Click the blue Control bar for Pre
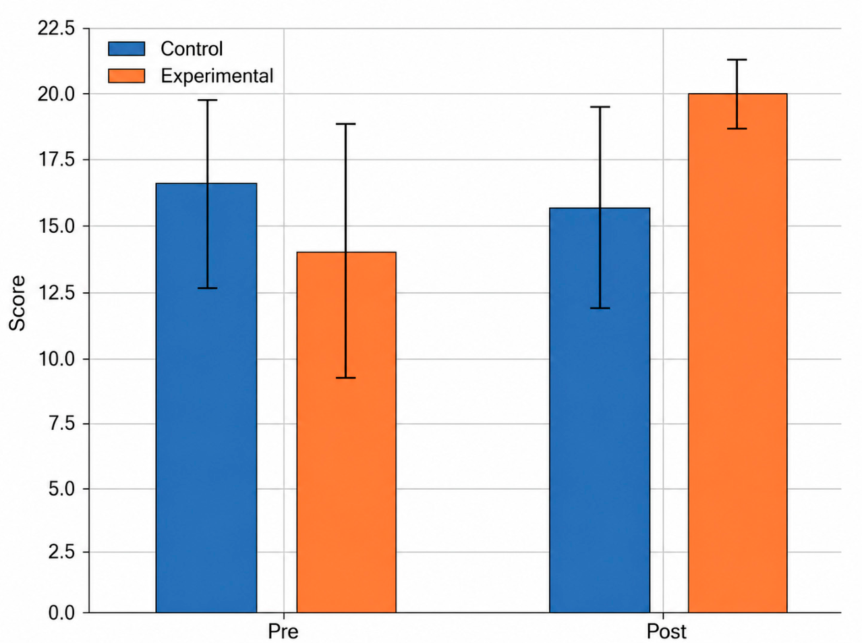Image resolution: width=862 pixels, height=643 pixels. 206,397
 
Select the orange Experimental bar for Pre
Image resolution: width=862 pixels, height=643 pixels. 346,432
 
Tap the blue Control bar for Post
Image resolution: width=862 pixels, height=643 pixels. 599,410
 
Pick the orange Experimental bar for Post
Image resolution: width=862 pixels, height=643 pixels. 737,353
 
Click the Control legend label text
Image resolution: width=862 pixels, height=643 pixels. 192,49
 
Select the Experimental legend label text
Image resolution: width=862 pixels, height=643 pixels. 217,76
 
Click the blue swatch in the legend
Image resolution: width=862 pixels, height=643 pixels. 126,49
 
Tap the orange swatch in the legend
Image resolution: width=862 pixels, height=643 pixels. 126,76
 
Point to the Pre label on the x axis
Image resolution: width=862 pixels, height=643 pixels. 283,632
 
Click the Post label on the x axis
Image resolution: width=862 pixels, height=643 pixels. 666,632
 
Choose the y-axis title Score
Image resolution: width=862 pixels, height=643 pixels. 18,303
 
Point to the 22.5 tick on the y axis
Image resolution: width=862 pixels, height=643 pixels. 56,28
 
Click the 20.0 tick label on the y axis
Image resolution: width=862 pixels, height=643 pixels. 56,94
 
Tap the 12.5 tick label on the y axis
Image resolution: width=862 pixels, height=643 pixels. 56,293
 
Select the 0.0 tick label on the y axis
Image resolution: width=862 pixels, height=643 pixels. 61,613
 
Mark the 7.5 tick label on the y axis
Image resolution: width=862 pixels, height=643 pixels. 61,424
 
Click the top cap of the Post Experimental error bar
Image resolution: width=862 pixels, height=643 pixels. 737,59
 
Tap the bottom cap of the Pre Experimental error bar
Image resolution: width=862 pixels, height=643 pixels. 345,378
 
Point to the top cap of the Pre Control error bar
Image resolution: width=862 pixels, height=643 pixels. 207,100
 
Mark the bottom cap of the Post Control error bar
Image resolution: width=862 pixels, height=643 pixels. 600,308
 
